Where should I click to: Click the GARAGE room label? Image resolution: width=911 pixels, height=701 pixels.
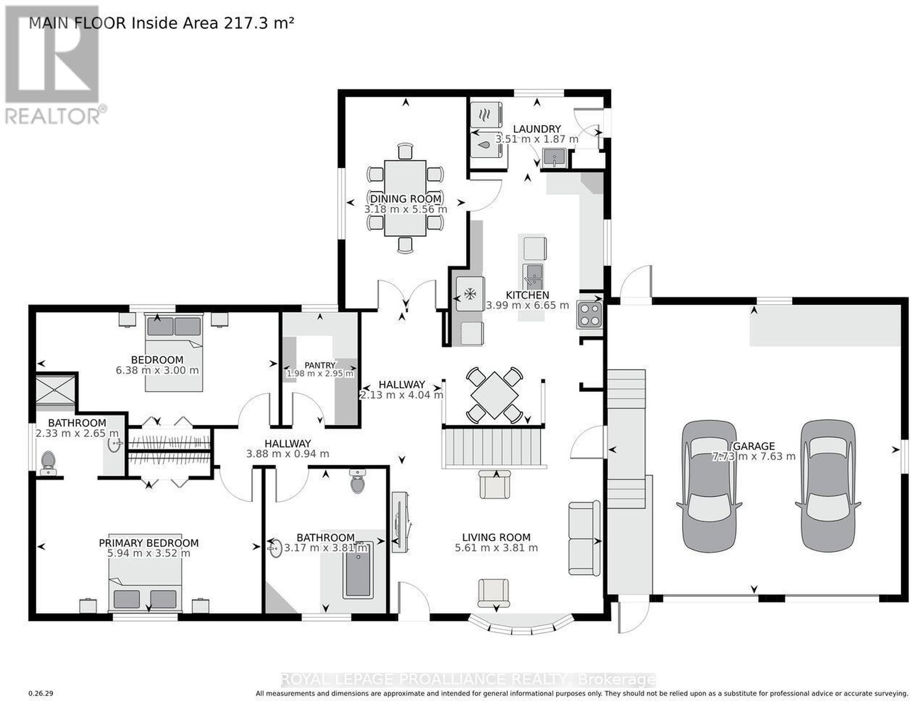coord(754,446)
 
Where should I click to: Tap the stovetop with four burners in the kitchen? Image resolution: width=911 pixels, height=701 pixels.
coord(589,315)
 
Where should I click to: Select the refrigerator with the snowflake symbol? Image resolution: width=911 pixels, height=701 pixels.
coord(470,293)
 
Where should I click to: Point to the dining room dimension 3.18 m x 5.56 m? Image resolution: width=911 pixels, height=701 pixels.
coord(405,209)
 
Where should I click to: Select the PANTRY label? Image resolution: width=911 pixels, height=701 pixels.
coord(320,365)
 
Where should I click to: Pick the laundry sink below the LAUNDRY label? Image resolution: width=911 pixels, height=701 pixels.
coord(555,158)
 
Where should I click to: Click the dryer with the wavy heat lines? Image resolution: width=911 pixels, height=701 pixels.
coord(486,114)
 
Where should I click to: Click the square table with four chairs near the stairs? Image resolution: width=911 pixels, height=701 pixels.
coord(494,395)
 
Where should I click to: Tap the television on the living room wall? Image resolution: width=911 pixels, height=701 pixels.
coord(401,522)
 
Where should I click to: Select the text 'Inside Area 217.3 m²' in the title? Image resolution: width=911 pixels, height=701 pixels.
coord(212,23)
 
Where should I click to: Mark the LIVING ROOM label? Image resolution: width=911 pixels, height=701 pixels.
coord(496,537)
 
